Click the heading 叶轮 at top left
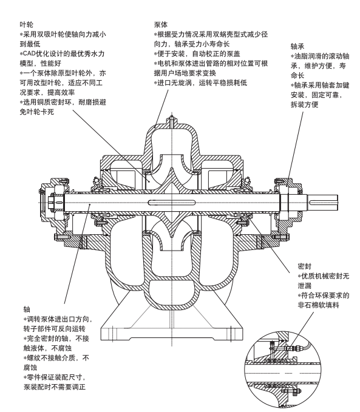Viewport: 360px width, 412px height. click(27, 25)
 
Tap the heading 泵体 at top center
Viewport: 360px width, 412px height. click(161, 25)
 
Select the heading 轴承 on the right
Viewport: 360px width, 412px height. click(297, 46)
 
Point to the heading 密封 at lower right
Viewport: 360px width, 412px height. click(305, 266)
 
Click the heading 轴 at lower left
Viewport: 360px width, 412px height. click(27, 309)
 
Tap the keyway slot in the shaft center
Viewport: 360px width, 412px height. click(172, 202)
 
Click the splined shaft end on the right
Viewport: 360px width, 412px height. click(322, 203)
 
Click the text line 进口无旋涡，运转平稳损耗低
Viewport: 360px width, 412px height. click(200, 83)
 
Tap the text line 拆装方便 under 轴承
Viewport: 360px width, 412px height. click(305, 104)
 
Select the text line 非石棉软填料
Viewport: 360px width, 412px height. click(319, 305)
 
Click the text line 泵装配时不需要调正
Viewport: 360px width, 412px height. click(55, 387)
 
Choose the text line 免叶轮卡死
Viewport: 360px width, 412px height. click(37, 112)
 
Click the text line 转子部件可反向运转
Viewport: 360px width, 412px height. click(55, 329)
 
